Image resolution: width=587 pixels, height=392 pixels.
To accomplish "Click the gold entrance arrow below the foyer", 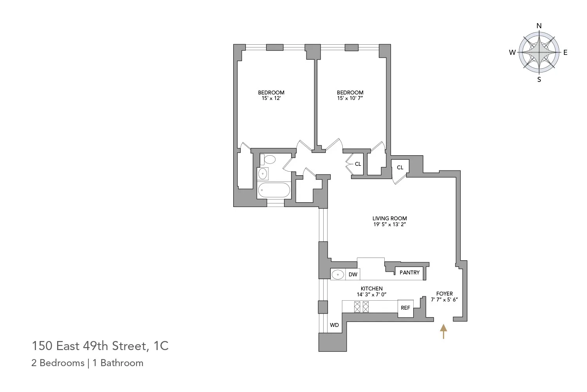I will click(x=443, y=331).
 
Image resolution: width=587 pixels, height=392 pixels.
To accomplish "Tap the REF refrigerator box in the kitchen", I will click(x=405, y=308).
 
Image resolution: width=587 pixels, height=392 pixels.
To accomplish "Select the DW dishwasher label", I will click(x=353, y=274).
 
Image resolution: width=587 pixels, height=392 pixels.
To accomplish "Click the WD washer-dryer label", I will click(x=334, y=325).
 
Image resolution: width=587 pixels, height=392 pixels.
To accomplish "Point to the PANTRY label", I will click(x=409, y=272).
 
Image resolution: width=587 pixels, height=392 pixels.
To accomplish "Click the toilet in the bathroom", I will click(x=269, y=159).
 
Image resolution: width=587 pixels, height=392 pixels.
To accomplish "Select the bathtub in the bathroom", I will click(x=274, y=191).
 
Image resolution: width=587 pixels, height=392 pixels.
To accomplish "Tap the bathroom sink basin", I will click(x=263, y=173).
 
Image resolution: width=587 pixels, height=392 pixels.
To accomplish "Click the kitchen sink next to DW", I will click(x=338, y=274).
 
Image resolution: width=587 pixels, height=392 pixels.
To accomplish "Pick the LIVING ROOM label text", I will click(x=389, y=218).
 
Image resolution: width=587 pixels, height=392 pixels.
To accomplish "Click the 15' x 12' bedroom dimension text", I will click(x=271, y=98).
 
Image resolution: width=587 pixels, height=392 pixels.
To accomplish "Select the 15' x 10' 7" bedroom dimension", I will click(x=350, y=98).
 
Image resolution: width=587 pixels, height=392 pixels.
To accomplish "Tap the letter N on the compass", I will click(x=539, y=26).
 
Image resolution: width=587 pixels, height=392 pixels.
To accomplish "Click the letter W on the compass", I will click(x=512, y=53).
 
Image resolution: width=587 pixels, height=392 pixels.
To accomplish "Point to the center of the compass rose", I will click(x=539, y=53).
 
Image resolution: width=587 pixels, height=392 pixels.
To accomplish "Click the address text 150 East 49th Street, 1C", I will click(x=100, y=346).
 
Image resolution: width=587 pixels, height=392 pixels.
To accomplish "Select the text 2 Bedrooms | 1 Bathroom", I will click(x=87, y=363).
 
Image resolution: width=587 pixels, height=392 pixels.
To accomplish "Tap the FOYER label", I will click(x=444, y=294).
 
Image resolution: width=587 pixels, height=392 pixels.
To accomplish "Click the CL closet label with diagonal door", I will click(x=400, y=167).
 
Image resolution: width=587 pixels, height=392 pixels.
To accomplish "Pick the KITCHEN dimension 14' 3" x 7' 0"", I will click(x=371, y=294).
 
